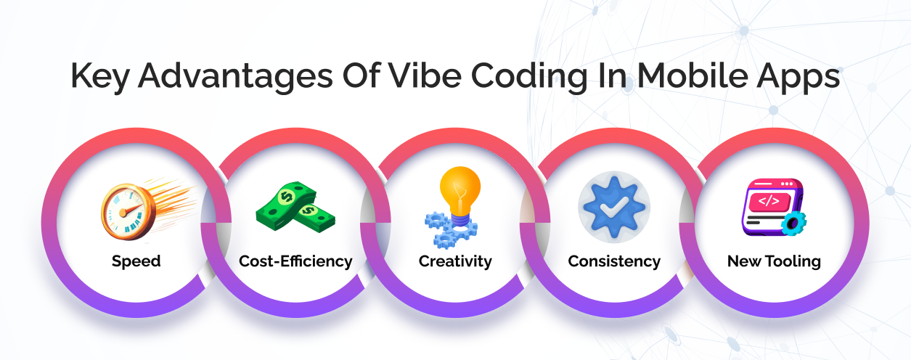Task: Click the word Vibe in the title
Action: click(x=425, y=75)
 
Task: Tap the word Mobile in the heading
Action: click(x=691, y=75)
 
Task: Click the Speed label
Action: click(x=136, y=261)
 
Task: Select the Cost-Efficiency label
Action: click(x=295, y=261)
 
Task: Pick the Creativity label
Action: click(x=455, y=261)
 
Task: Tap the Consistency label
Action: click(x=614, y=261)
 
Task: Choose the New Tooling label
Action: click(x=774, y=261)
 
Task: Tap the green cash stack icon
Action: click(x=295, y=207)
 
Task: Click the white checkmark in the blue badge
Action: click(x=614, y=207)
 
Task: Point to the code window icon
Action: click(x=774, y=207)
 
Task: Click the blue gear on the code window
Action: click(x=793, y=224)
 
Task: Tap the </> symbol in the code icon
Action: click(x=769, y=201)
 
